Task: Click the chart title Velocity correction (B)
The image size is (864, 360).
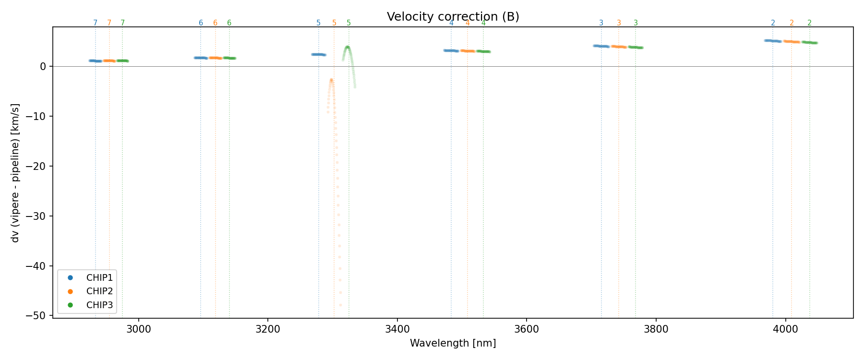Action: point(453,17)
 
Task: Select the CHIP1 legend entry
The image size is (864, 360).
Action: point(99,278)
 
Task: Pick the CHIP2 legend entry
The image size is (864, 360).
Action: point(99,291)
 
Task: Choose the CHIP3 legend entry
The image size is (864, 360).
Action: point(99,305)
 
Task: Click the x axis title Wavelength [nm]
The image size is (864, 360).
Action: point(453,343)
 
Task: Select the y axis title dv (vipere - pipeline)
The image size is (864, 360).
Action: point(15,173)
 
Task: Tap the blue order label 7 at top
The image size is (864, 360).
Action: point(95,23)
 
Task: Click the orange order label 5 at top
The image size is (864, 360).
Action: point(334,23)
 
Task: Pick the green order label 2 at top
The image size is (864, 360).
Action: point(809,23)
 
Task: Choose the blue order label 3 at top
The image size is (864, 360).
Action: point(601,23)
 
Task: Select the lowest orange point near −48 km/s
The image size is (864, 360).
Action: point(341,305)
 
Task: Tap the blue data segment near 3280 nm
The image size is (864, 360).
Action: point(318,54)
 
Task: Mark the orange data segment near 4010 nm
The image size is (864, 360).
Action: point(792,42)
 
